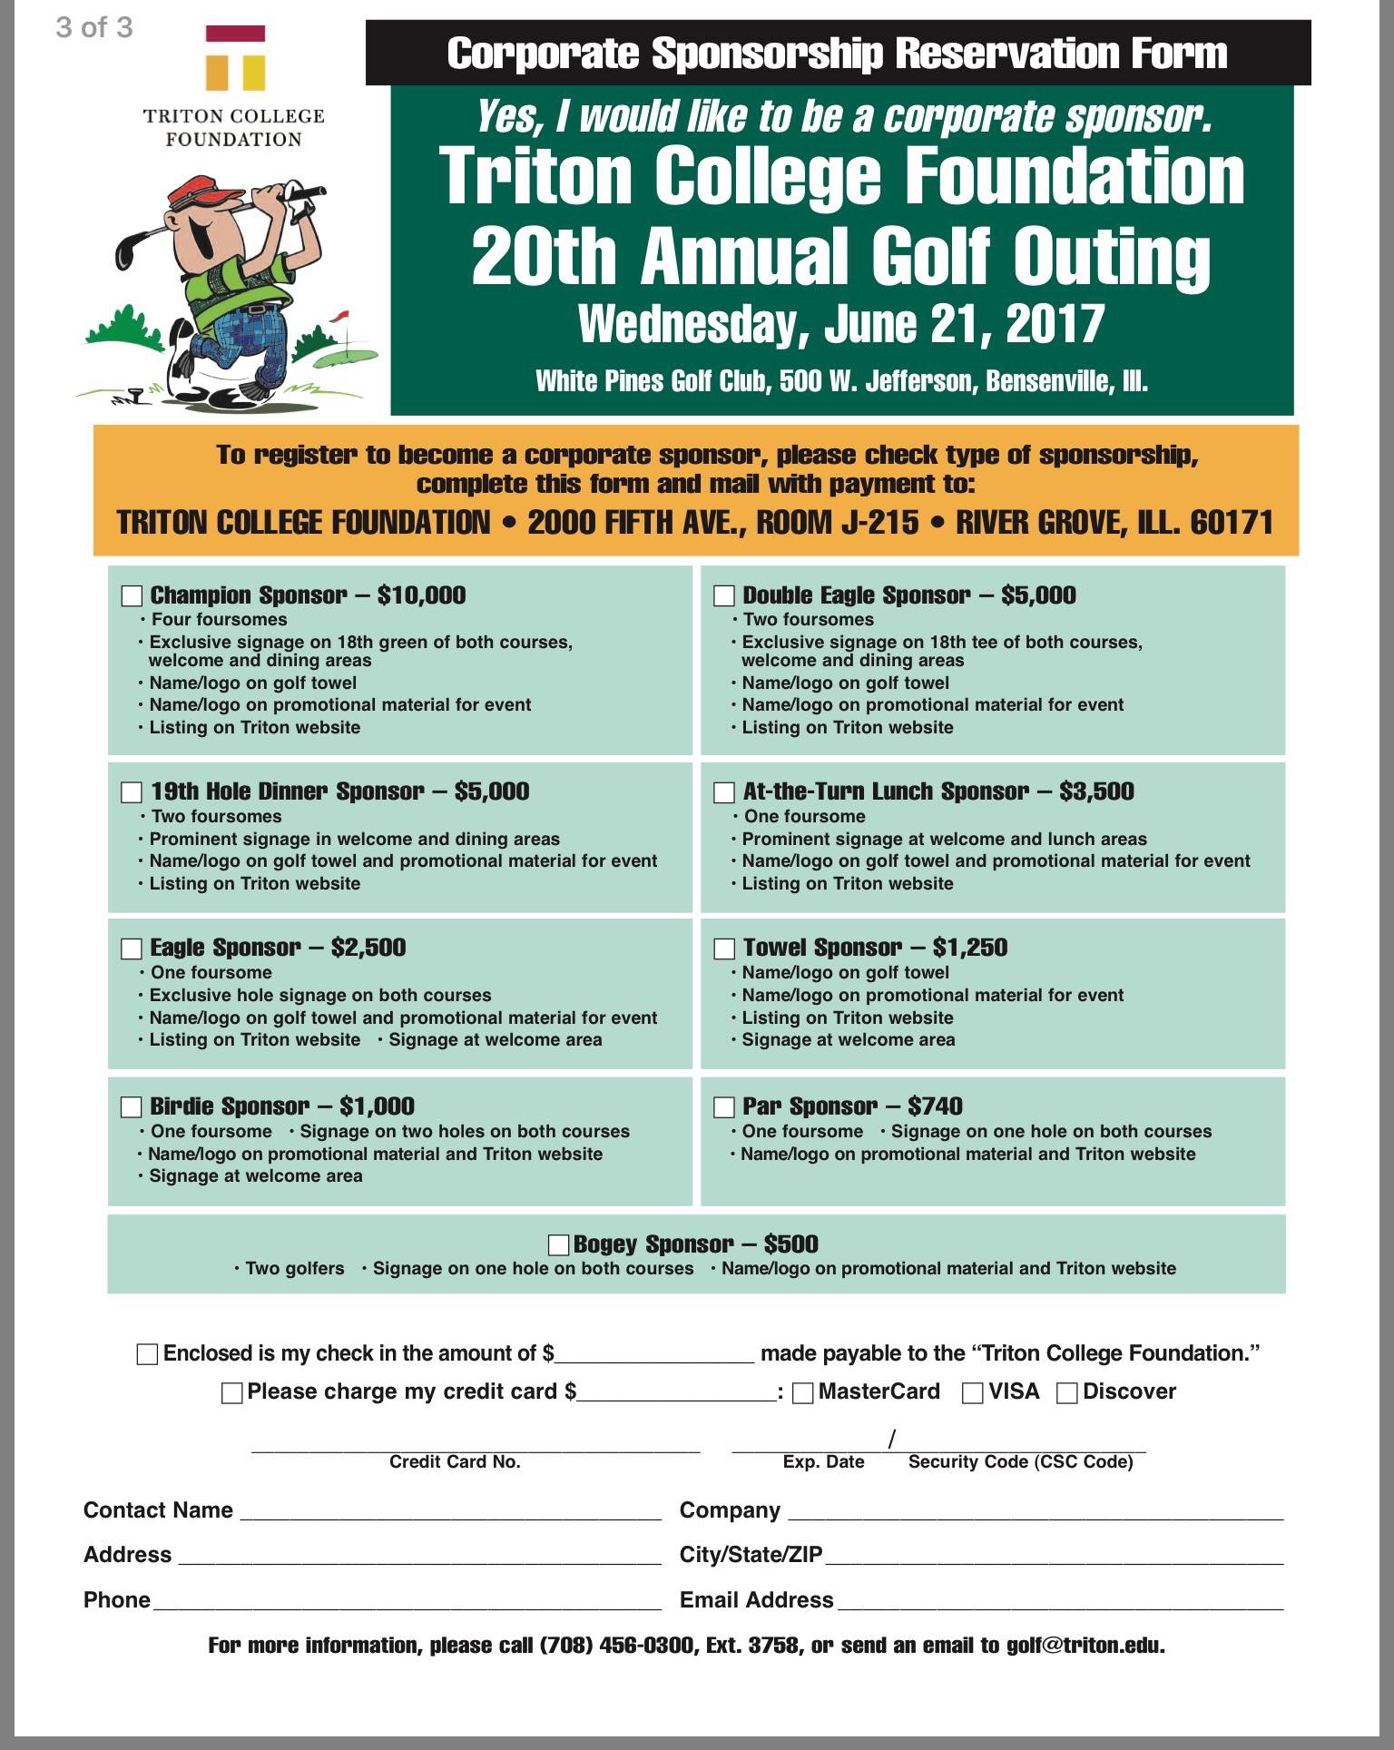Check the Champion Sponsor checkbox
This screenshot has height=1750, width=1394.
point(133,595)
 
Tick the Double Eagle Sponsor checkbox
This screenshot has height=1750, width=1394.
point(724,595)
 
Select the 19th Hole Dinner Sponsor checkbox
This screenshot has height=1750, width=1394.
point(133,792)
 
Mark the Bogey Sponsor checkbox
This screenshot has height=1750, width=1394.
point(559,1244)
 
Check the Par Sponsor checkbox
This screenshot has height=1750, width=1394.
point(724,1106)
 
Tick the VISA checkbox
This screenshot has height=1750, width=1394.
point(972,1392)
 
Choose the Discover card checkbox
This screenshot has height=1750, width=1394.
point(1067,1392)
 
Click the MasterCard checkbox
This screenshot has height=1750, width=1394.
point(803,1392)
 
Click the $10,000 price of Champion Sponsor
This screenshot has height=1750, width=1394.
point(421,595)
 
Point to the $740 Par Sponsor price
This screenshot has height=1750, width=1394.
point(935,1106)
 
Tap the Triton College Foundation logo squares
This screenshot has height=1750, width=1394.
point(235,59)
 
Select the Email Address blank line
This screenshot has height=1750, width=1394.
point(1059,1600)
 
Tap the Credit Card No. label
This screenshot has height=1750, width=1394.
point(455,1462)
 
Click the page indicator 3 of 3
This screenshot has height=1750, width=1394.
point(94,27)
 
